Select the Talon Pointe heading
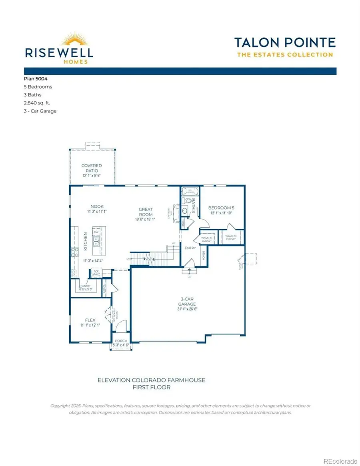click(284, 42)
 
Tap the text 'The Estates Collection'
click(284, 55)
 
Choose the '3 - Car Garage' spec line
click(40, 111)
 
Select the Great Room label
click(146, 209)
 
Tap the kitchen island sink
click(96, 241)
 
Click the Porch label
click(120, 341)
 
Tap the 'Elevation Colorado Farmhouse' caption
click(151, 380)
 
